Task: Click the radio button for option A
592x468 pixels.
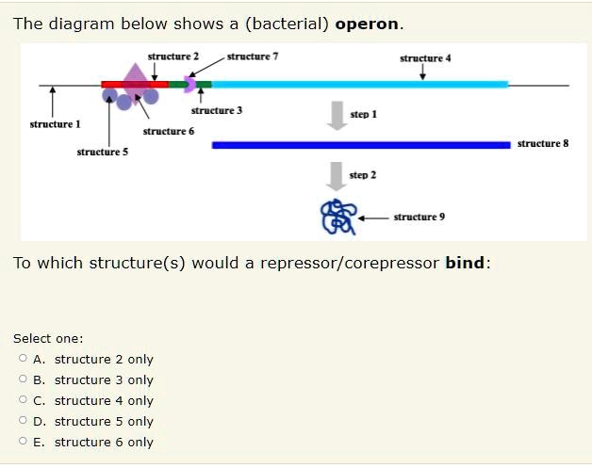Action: point(22,359)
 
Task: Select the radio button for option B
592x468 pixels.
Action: point(22,379)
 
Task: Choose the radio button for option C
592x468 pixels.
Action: point(22,400)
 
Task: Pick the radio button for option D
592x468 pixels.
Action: point(22,421)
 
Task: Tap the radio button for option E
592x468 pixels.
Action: point(22,442)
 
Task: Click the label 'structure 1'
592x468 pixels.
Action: point(55,124)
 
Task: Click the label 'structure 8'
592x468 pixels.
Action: point(543,144)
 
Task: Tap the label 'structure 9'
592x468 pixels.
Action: point(419,217)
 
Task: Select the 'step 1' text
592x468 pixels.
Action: point(363,114)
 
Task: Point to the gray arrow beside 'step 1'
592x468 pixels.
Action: point(335,112)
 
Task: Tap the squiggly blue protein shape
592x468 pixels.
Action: point(337,217)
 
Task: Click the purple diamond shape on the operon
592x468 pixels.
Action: point(135,77)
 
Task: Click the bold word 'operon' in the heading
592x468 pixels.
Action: point(368,24)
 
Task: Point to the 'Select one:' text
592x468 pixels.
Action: point(48,338)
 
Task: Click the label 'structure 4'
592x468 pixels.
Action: point(425,57)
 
